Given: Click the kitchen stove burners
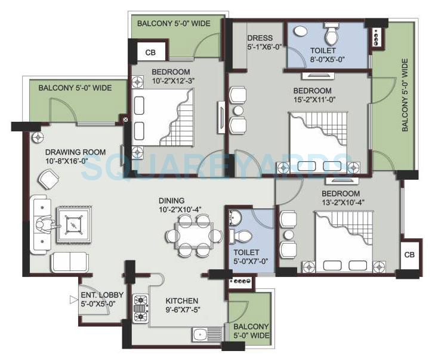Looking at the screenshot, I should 141,309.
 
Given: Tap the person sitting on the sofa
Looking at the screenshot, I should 44,225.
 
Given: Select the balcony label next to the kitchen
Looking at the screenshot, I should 250,331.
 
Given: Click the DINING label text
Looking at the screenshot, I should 171,201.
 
